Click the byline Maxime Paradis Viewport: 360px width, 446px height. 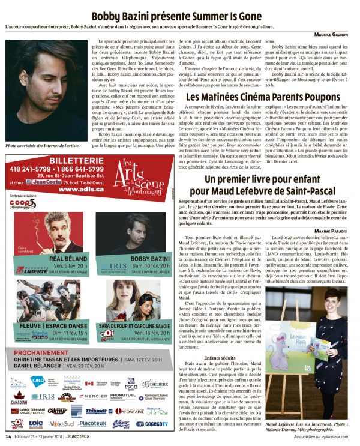(x=332, y=231)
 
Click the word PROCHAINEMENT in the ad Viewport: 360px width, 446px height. (x=43, y=355)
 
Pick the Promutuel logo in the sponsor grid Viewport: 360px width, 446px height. (x=122, y=397)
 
